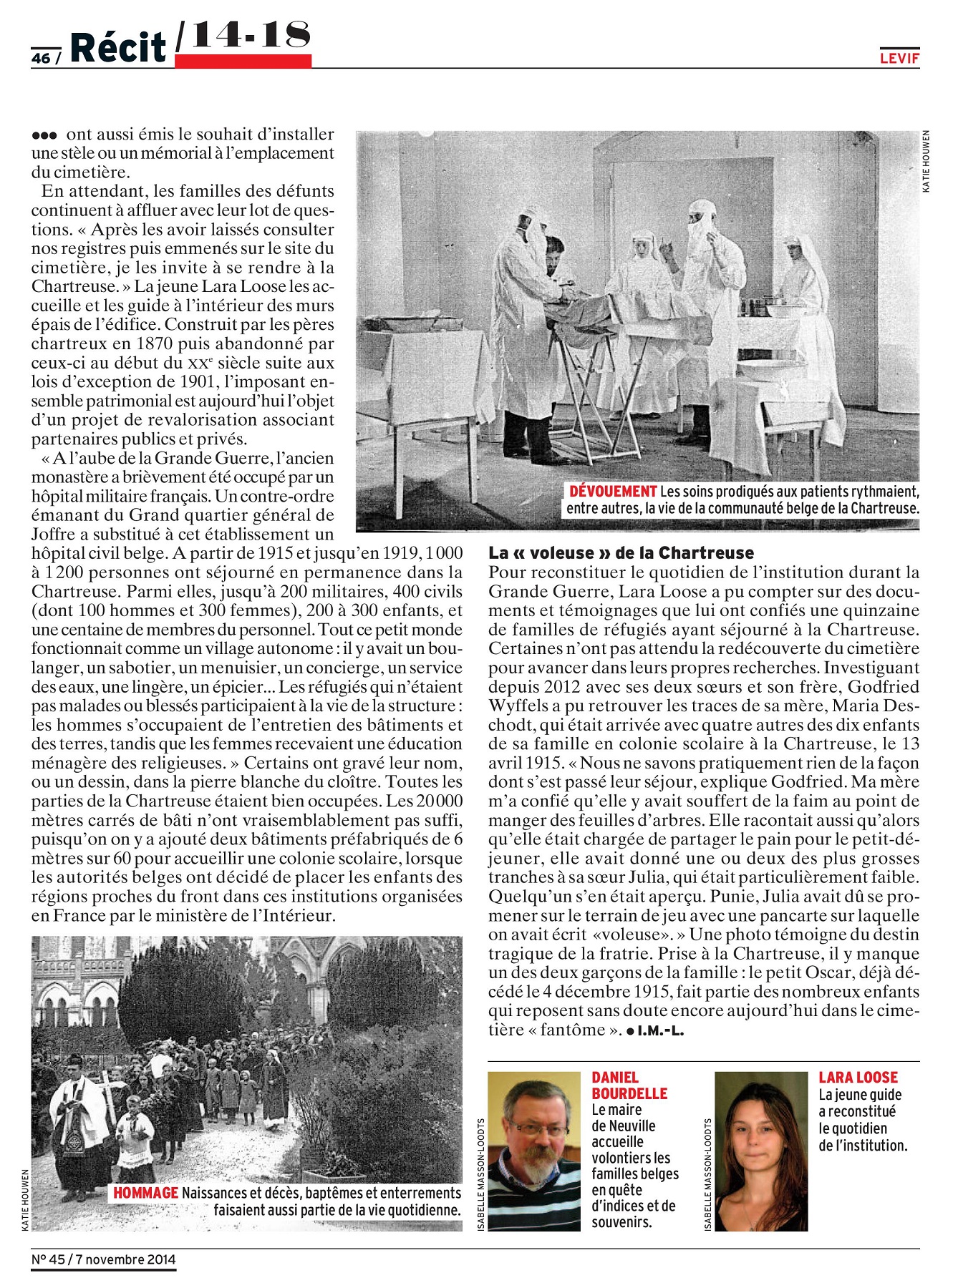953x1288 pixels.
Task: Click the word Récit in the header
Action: pos(118,48)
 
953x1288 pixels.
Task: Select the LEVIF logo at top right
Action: pos(899,59)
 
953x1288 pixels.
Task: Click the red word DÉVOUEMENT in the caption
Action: pos(613,492)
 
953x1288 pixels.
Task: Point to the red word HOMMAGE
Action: pos(145,1193)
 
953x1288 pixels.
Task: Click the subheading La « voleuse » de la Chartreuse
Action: pos(621,553)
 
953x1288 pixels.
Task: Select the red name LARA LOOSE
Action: pos(858,1078)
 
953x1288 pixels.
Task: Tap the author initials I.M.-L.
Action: pos(660,1031)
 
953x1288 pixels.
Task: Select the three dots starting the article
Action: pos(44,135)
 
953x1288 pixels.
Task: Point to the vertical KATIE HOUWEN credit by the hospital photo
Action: pos(926,161)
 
